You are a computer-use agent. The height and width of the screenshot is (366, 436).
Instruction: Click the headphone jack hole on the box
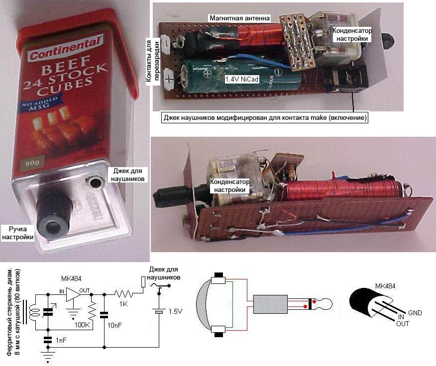(x=93, y=183)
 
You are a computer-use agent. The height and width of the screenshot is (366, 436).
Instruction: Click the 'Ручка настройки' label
(x=18, y=233)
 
